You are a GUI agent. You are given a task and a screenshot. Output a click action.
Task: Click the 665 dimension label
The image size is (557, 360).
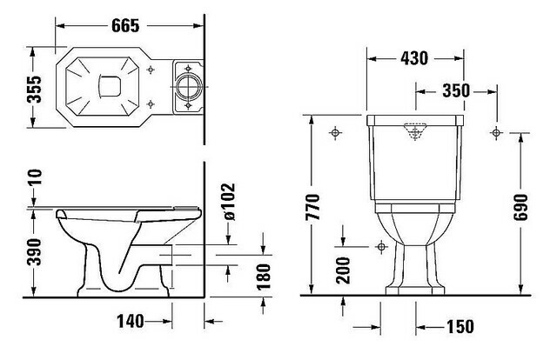pyautogui.click(x=125, y=25)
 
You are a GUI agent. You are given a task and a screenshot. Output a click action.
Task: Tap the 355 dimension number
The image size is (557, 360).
pyautogui.click(x=35, y=89)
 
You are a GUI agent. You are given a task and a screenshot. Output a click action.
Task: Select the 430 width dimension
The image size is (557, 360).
pyautogui.click(x=414, y=58)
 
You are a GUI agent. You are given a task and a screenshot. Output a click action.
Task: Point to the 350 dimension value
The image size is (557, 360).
pyautogui.click(x=456, y=91)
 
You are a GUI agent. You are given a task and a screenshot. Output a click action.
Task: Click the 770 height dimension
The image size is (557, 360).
pyautogui.click(x=313, y=207)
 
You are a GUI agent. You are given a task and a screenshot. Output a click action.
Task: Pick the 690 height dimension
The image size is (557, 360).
pyautogui.click(x=521, y=207)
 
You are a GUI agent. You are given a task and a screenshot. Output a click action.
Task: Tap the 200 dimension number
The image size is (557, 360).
pyautogui.click(x=343, y=270)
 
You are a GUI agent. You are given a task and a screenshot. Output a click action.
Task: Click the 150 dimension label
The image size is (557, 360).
pyautogui.click(x=460, y=327)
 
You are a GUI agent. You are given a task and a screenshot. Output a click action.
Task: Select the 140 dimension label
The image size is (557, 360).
pyautogui.click(x=131, y=321)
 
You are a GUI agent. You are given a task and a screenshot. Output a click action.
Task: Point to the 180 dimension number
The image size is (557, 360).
pyautogui.click(x=264, y=277)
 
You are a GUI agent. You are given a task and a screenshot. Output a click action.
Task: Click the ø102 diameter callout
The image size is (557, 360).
pyautogui.click(x=228, y=201)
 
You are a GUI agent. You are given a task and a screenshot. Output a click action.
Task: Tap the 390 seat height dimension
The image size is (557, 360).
pyautogui.click(x=35, y=252)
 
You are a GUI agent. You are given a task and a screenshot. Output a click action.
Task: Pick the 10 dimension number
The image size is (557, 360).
pyautogui.click(x=35, y=177)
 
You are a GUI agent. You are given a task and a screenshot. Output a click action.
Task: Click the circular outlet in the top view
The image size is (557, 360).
pyautogui.click(x=189, y=86)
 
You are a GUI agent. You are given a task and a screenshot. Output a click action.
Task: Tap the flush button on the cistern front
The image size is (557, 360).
pyautogui.click(x=415, y=130)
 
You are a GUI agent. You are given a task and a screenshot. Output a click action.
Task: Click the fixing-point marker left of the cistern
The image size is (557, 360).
pyautogui.click(x=335, y=133)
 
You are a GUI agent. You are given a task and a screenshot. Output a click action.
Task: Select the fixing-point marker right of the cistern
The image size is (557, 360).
pyautogui.click(x=496, y=133)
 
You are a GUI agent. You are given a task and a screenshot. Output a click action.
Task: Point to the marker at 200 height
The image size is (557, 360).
pyautogui.click(x=381, y=246)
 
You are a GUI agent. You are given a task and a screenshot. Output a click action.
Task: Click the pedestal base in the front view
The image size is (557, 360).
pyautogui.click(x=415, y=289)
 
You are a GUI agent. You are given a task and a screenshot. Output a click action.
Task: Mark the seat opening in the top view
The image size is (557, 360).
pyautogui.click(x=110, y=86)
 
